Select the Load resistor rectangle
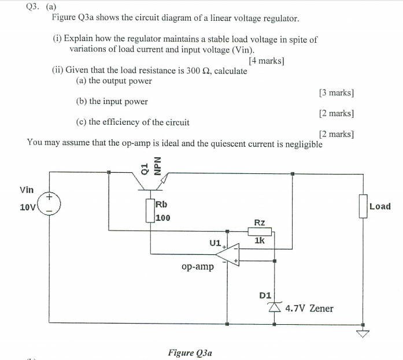[363, 206]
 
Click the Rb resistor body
[150, 211]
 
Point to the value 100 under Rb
[163, 218]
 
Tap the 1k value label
[260, 240]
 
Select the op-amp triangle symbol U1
[231, 254]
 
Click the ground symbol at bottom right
[363, 332]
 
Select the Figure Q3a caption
[190, 352]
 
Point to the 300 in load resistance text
[186, 70]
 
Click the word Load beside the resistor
[380, 206]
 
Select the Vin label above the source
[27, 190]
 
